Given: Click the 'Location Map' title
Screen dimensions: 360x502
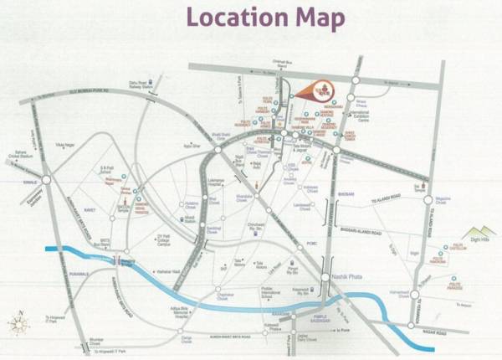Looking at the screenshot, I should click(x=265, y=18).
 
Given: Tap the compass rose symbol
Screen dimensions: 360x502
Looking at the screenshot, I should click(x=19, y=323).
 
